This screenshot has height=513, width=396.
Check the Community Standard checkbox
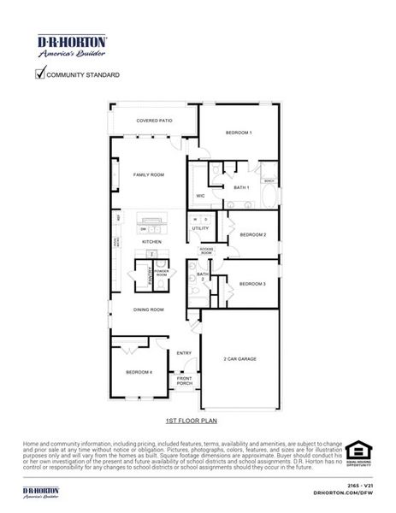tap(39, 74)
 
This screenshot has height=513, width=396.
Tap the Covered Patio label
tap(154, 121)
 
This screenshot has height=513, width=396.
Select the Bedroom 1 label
tap(239, 133)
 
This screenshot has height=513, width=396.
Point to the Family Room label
tap(148, 174)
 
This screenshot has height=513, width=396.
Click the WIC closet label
tap(199, 196)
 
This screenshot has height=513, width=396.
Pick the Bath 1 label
tap(241, 187)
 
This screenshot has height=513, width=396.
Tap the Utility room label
tap(200, 228)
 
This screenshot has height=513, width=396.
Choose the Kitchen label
tap(151, 242)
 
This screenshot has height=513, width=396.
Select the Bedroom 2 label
tap(252, 234)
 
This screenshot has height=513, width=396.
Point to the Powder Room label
tap(161, 273)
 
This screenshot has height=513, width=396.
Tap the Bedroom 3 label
tap(252, 283)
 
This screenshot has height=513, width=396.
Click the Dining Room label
tap(148, 310)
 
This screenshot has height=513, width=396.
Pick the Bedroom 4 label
tap(139, 372)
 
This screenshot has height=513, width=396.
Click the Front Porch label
tap(184, 380)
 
